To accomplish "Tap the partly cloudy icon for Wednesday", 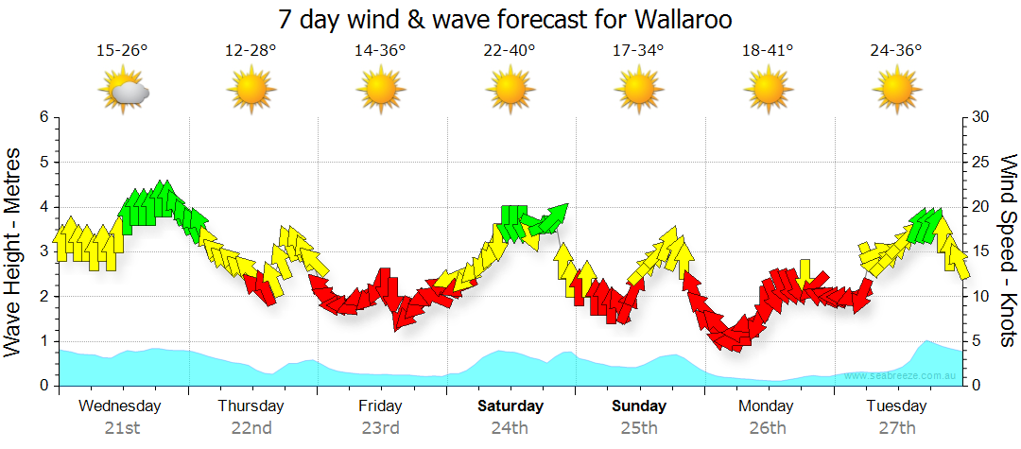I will (123, 91).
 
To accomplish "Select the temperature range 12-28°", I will (251, 50).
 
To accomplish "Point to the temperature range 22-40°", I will (510, 50).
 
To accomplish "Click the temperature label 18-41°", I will (767, 50).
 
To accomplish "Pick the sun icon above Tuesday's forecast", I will (896, 91).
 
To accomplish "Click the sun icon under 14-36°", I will (380, 91).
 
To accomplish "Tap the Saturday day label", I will (510, 406).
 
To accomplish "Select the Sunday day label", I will (639, 406).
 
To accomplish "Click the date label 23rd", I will (380, 428).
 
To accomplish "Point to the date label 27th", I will (896, 428).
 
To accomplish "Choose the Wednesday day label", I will (120, 406).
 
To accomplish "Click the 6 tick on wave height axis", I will (43, 117).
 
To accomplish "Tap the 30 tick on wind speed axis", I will (982, 117).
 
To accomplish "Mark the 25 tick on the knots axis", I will (982, 163).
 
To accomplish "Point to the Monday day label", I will (767, 406).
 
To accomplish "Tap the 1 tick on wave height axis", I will (43, 342).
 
